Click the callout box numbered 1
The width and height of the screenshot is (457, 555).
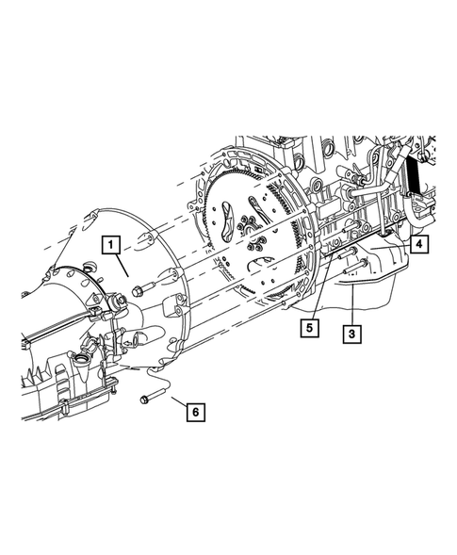[111, 246]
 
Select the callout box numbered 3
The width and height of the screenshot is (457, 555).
[351, 333]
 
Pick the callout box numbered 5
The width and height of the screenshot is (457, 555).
[308, 327]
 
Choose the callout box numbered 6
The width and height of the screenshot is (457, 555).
[195, 411]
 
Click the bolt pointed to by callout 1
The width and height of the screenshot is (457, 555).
[139, 289]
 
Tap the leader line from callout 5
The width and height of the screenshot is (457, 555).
[318, 297]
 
